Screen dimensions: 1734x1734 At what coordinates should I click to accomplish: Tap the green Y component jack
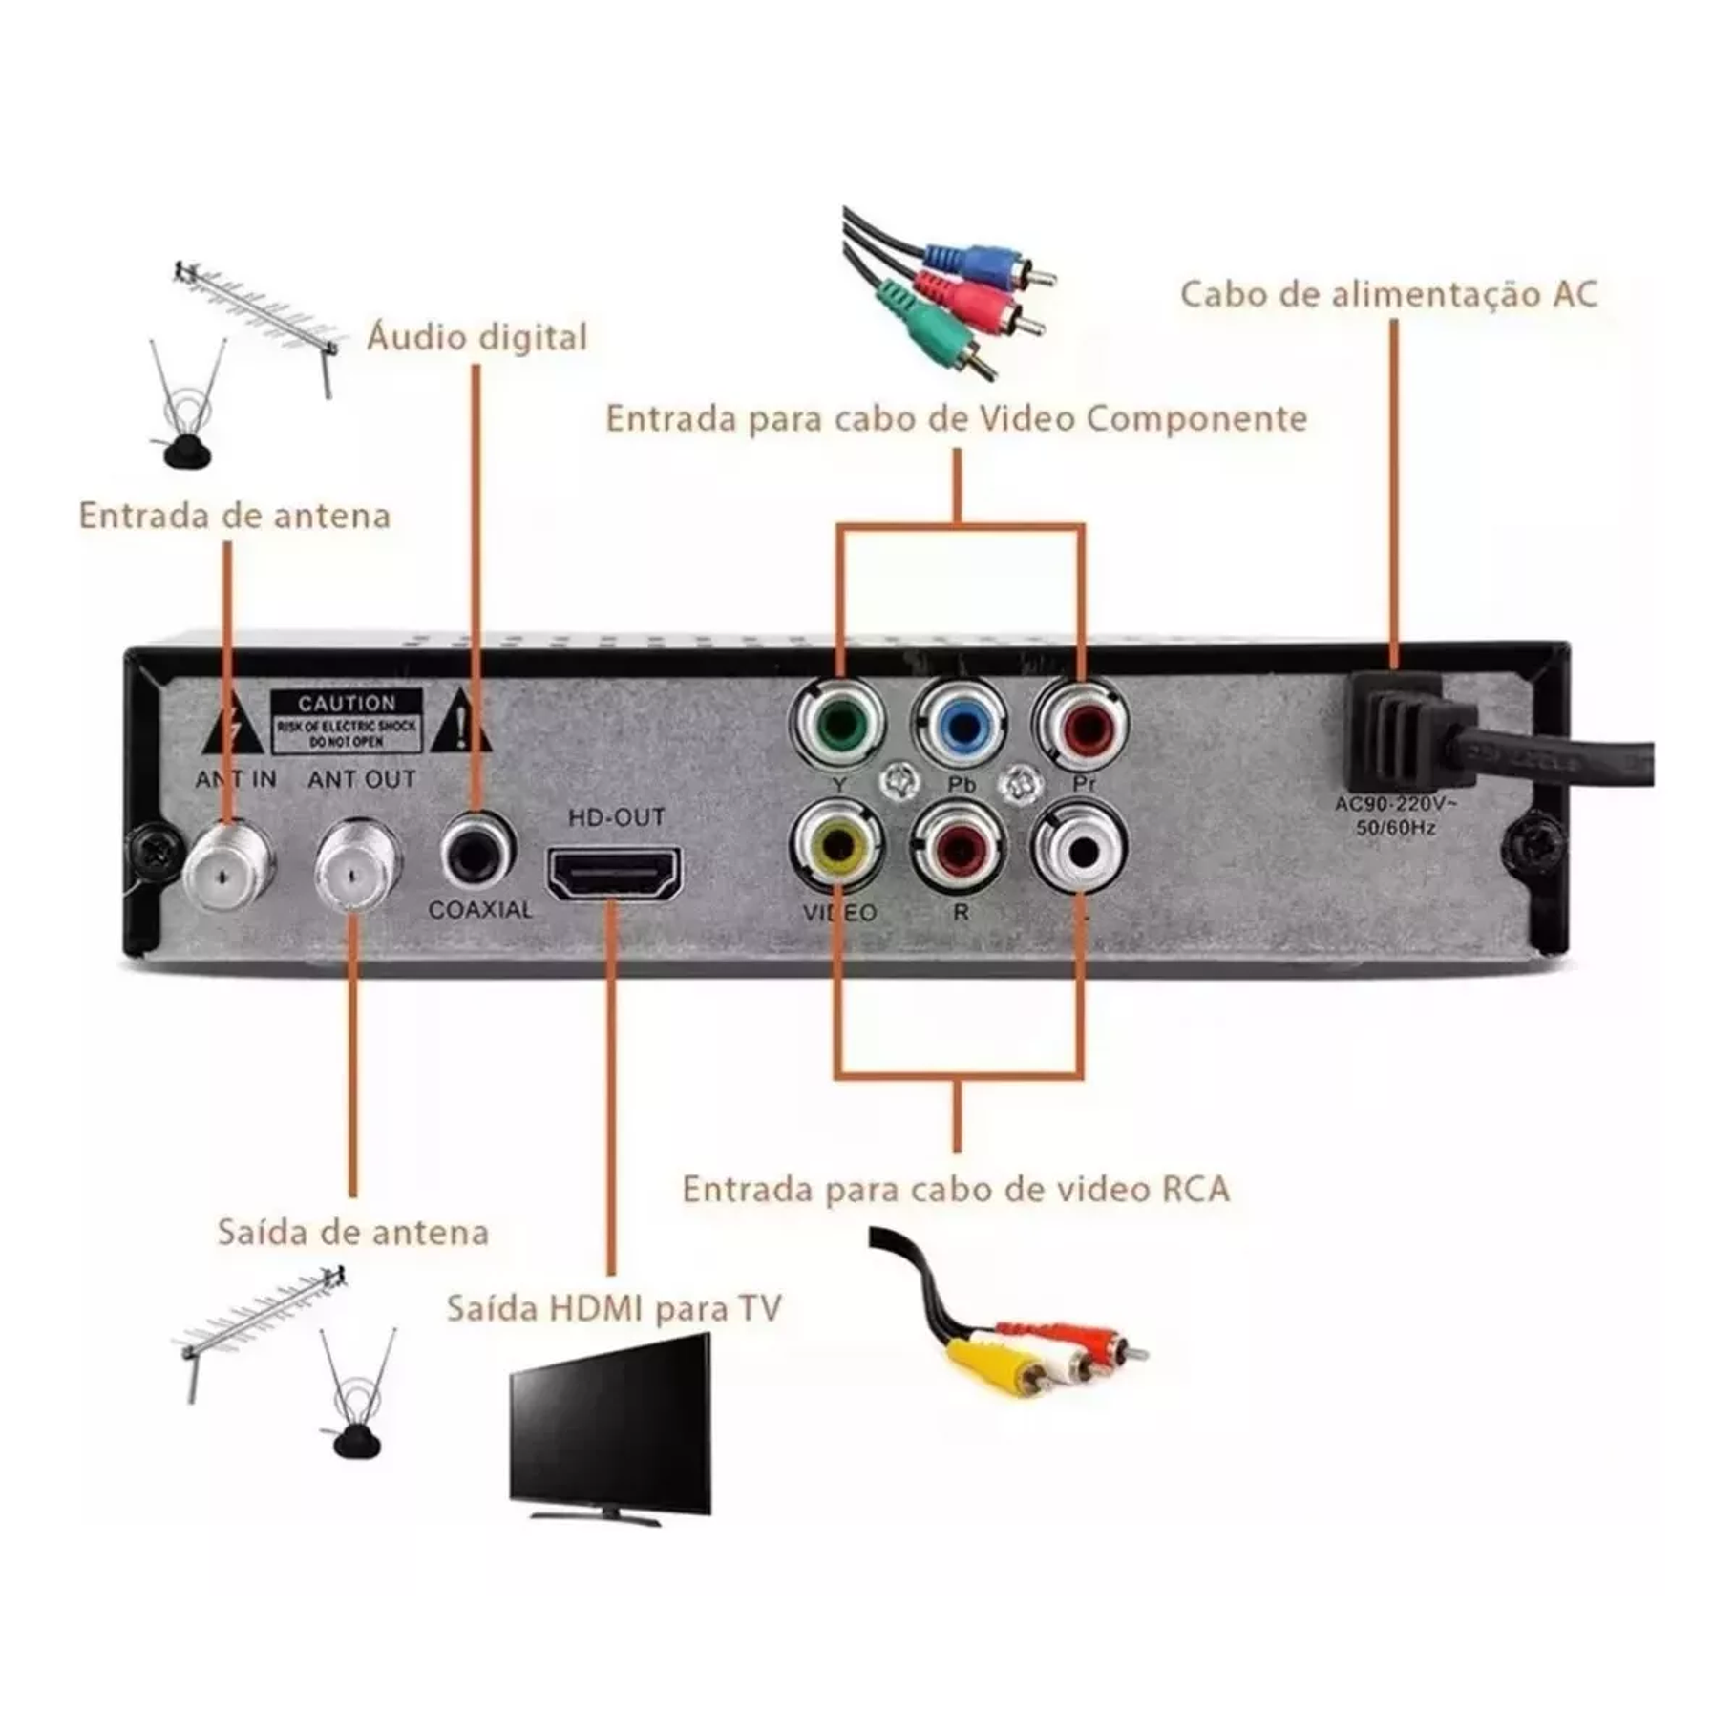click(837, 728)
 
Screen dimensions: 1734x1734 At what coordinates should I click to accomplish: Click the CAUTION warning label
click(348, 721)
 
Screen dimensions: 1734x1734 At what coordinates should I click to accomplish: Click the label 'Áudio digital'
click(477, 338)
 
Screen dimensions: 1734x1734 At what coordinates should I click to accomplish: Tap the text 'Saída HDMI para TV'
click(614, 1307)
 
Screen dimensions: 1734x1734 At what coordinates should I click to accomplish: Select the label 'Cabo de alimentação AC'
click(1389, 294)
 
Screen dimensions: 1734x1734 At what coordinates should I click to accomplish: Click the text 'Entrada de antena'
click(235, 516)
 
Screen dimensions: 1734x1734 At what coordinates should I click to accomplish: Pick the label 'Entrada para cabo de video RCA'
click(956, 1190)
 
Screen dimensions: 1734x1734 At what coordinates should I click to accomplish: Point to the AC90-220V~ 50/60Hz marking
click(1396, 815)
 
